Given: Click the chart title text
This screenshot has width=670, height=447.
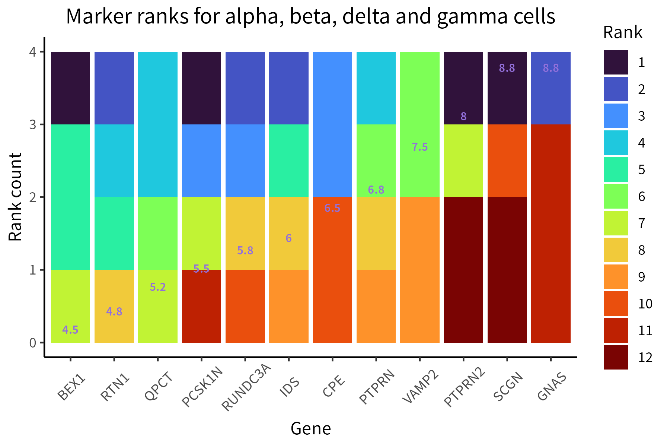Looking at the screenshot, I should click(310, 17).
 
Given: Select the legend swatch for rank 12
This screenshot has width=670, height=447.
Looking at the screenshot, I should click(616, 357).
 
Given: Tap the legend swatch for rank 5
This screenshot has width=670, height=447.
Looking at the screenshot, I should click(616, 169).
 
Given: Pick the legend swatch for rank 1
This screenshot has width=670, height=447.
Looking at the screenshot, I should click(616, 62).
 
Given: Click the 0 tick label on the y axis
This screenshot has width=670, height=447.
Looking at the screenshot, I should click(33, 343).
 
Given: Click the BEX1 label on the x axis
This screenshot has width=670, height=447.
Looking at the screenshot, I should click(72, 389).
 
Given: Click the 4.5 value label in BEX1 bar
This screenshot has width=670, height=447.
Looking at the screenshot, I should click(70, 330).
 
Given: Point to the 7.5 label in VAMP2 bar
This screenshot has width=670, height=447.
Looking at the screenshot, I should click(420, 147).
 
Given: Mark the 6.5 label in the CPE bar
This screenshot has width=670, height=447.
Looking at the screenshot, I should click(332, 208).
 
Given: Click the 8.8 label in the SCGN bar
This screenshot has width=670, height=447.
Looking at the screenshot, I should click(507, 68).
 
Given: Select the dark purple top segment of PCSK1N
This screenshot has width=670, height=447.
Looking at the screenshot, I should click(201, 88).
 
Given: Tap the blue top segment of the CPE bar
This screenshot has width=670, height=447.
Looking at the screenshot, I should click(332, 124).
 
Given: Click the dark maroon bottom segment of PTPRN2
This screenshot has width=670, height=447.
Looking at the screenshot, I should click(463, 270).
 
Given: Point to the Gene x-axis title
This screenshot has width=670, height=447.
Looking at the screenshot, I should click(310, 428).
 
